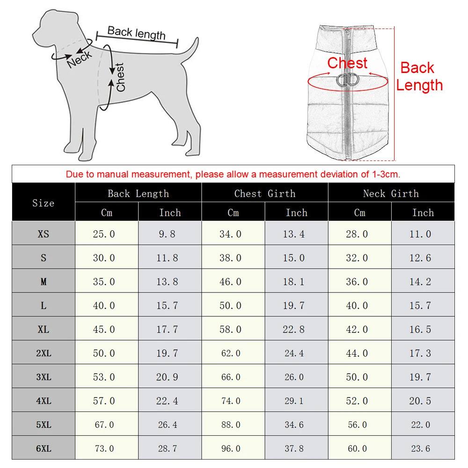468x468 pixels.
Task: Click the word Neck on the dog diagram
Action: click(x=80, y=59)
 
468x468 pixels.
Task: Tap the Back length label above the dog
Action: click(x=136, y=33)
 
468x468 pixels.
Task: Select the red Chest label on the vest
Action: click(x=347, y=63)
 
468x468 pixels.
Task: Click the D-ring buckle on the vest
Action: click(x=347, y=80)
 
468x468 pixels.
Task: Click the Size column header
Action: click(x=43, y=203)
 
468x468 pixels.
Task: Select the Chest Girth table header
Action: click(x=265, y=193)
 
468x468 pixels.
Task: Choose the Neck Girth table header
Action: click(x=391, y=193)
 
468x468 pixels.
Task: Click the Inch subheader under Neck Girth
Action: click(x=423, y=212)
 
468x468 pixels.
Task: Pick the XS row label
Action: click(x=43, y=234)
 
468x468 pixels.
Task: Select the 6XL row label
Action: click(x=43, y=449)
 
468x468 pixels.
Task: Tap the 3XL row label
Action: click(x=43, y=377)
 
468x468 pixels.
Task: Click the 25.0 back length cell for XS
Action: click(x=103, y=234)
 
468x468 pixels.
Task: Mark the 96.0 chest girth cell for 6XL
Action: click(x=230, y=449)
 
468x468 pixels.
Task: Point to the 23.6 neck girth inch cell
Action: click(x=420, y=449)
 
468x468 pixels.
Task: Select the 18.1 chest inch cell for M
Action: click(x=293, y=282)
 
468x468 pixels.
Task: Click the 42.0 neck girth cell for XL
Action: click(x=357, y=329)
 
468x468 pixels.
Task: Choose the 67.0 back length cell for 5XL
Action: click(x=103, y=425)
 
